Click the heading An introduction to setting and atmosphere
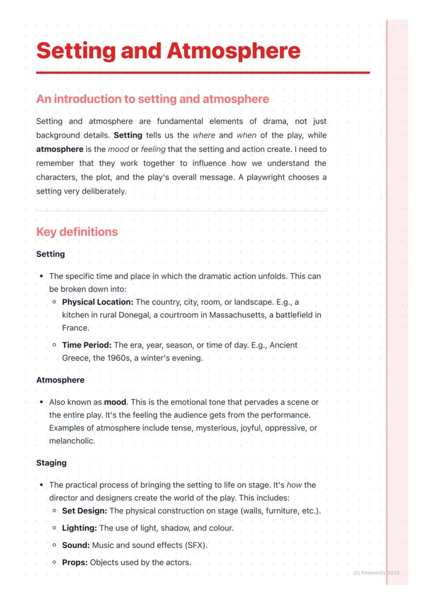click(153, 99)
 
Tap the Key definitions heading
click(77, 232)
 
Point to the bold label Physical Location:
click(97, 302)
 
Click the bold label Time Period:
click(87, 345)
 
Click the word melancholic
click(72, 441)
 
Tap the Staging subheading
click(51, 463)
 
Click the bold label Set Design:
click(85, 511)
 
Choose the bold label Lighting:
click(79, 528)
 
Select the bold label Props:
click(75, 562)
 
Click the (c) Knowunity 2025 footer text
click(376, 573)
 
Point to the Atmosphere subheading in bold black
click(60, 380)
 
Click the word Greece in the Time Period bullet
click(75, 358)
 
